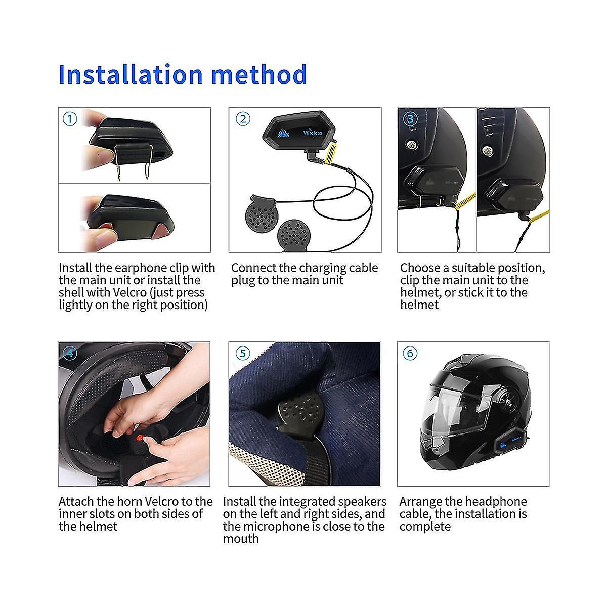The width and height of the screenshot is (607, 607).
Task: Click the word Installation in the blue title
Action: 131,74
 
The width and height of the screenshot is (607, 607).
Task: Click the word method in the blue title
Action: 259,74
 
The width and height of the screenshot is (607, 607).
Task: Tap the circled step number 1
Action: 70,119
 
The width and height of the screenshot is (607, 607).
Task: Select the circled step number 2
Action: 243,119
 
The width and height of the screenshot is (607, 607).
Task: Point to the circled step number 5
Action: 243,353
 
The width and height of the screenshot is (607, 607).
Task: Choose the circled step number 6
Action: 410,353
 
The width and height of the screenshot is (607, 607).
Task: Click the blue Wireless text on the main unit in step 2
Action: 313,133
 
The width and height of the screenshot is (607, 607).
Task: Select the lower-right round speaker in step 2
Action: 294,234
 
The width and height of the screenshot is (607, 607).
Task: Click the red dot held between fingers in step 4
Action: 139,438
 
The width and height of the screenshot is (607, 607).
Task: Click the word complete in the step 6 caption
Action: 425,527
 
